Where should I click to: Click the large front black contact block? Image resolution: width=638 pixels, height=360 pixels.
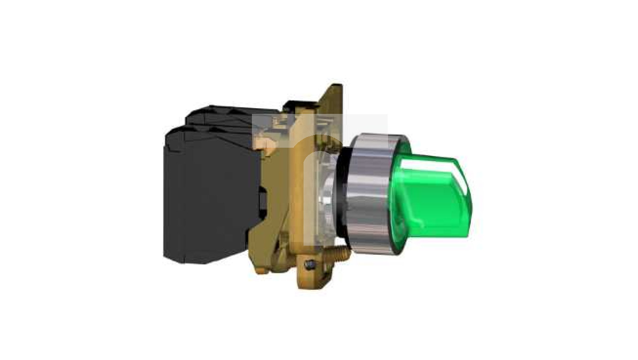(x=211, y=197)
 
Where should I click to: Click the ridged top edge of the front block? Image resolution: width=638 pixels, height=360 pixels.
(x=211, y=134)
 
